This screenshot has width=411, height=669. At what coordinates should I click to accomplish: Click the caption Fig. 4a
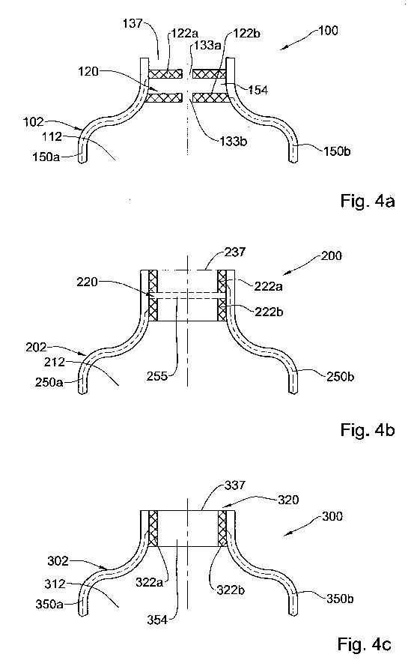(x=368, y=200)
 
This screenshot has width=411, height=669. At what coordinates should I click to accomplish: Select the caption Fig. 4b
(x=368, y=430)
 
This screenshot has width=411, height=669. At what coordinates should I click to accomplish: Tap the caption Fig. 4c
(x=365, y=644)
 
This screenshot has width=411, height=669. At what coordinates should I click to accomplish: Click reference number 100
(x=329, y=30)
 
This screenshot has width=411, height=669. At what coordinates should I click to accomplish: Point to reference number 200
(x=332, y=255)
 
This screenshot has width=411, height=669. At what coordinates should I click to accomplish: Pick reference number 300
(x=332, y=516)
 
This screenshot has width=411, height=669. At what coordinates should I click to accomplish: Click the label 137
(x=133, y=23)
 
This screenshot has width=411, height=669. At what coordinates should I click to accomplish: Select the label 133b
(x=234, y=142)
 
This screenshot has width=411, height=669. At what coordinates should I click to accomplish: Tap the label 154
(x=258, y=90)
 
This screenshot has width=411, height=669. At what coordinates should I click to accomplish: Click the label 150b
(x=337, y=151)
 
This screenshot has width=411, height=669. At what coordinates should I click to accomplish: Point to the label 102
(x=33, y=122)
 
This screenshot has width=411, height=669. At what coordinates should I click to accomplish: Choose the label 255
(x=157, y=376)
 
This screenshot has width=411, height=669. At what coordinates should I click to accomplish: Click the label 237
(x=235, y=252)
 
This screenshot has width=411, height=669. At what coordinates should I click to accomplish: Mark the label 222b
(x=269, y=312)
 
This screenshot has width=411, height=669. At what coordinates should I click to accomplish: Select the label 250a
(x=49, y=382)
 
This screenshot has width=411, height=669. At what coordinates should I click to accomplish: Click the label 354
(x=157, y=620)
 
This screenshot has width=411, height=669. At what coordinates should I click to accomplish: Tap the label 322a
(x=150, y=581)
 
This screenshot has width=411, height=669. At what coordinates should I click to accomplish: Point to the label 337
(x=235, y=485)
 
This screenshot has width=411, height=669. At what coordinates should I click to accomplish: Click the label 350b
(x=340, y=599)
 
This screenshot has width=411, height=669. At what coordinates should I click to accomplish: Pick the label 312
(x=55, y=584)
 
